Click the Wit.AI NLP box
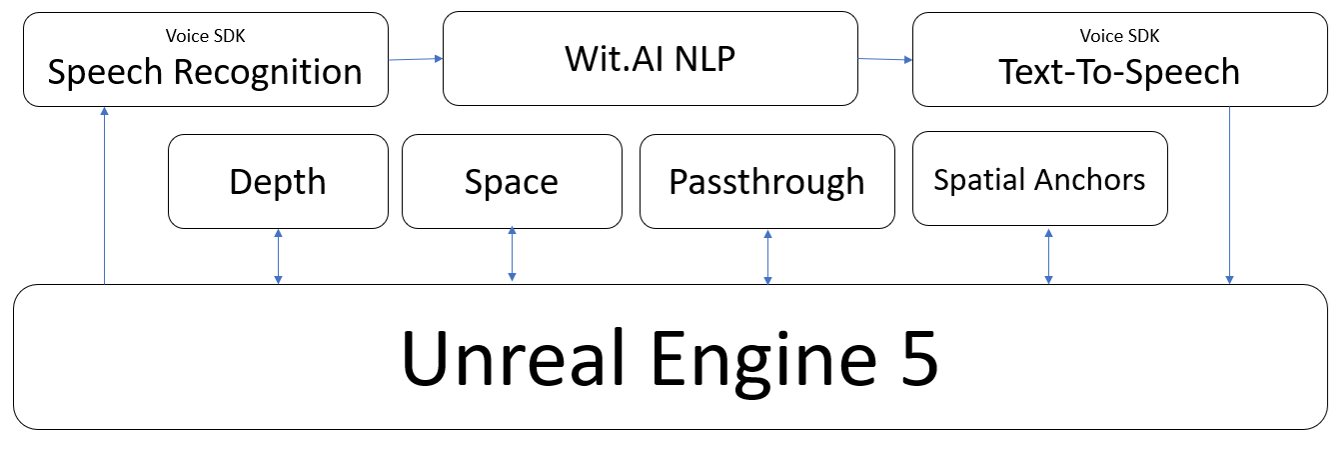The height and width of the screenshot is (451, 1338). pos(650,58)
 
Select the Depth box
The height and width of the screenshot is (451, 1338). pos(278,181)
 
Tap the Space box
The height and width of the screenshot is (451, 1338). pos(511,181)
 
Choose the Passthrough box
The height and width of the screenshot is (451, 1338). pos(766,181)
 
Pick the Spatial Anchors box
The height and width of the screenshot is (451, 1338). pos(1039,179)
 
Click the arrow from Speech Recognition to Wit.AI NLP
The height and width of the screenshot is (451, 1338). pos(415,59)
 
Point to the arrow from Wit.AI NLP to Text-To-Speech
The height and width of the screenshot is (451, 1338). pos(884,59)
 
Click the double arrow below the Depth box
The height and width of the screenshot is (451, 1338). pos(278,256)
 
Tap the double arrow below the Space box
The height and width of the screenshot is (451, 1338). pos(512,254)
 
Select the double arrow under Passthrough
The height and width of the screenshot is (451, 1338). pos(767,256)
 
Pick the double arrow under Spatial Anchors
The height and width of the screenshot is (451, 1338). pos(1048,255)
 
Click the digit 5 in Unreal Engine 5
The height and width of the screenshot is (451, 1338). pos(916,357)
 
